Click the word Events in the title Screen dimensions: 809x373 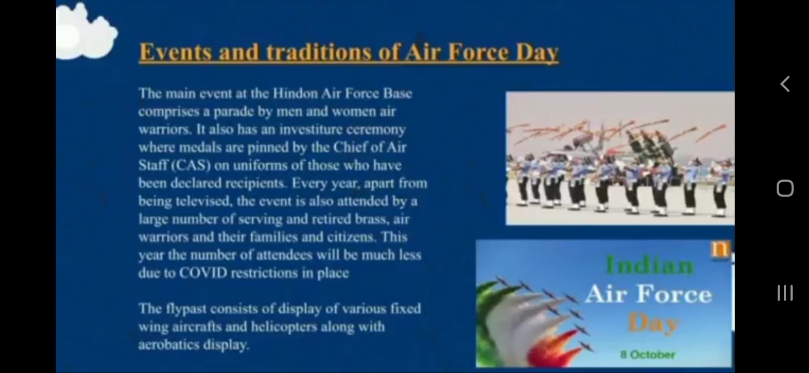(x=175, y=53)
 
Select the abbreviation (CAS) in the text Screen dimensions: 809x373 (x=191, y=165)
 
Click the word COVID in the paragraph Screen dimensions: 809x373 (x=203, y=273)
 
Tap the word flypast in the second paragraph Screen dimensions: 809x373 (x=186, y=309)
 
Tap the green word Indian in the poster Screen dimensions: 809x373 (x=650, y=265)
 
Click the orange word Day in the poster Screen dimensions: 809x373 (x=653, y=322)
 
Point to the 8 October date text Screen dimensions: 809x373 (x=648, y=355)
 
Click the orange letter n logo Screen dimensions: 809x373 (x=721, y=249)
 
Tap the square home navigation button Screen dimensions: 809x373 (x=785, y=188)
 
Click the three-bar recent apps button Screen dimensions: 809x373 (x=785, y=293)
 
